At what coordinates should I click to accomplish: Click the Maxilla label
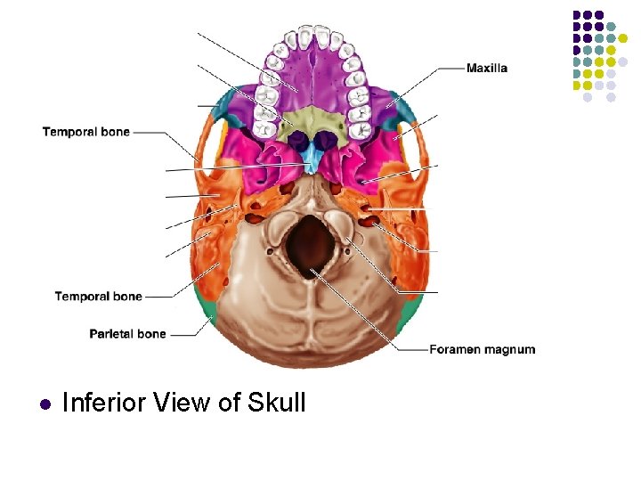point(487,69)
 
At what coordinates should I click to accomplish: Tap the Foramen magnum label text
point(482,349)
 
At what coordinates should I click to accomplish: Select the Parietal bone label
point(127,334)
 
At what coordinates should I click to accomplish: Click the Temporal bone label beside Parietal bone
point(98,296)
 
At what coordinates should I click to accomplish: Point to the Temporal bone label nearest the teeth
point(85,132)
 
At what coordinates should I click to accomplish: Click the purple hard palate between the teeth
point(312,80)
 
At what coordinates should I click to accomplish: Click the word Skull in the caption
point(279,403)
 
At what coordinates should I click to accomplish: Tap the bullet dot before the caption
point(44,404)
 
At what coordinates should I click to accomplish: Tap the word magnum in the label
point(510,349)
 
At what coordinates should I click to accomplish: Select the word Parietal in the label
point(111,334)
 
